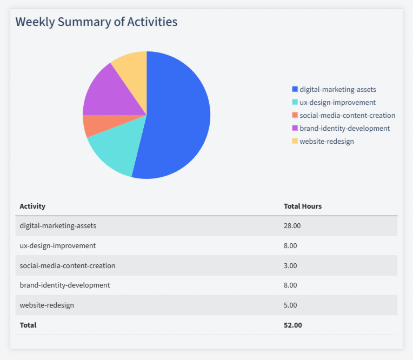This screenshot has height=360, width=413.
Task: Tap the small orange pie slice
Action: (x=90, y=125)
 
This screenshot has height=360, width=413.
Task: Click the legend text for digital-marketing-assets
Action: (x=337, y=89)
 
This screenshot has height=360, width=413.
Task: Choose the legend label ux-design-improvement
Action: (x=337, y=102)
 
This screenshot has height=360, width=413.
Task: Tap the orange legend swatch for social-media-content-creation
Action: (x=295, y=115)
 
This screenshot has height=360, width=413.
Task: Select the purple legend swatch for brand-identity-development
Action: (x=295, y=128)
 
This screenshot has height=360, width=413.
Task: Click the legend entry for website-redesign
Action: (x=327, y=141)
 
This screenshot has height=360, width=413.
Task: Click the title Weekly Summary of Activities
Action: (x=96, y=22)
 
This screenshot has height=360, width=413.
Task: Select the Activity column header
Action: (x=32, y=206)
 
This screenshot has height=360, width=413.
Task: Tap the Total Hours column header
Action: (x=303, y=206)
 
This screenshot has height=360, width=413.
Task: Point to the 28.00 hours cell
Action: (x=292, y=225)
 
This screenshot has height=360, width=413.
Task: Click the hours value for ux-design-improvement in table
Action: (x=290, y=245)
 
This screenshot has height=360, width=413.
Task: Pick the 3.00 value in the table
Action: (x=290, y=265)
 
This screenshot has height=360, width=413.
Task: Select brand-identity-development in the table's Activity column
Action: (x=64, y=285)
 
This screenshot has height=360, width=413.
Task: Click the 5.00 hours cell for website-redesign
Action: (x=290, y=305)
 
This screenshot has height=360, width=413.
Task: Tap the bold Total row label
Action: (x=28, y=325)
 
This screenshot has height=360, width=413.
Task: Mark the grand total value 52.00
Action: (x=292, y=325)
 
